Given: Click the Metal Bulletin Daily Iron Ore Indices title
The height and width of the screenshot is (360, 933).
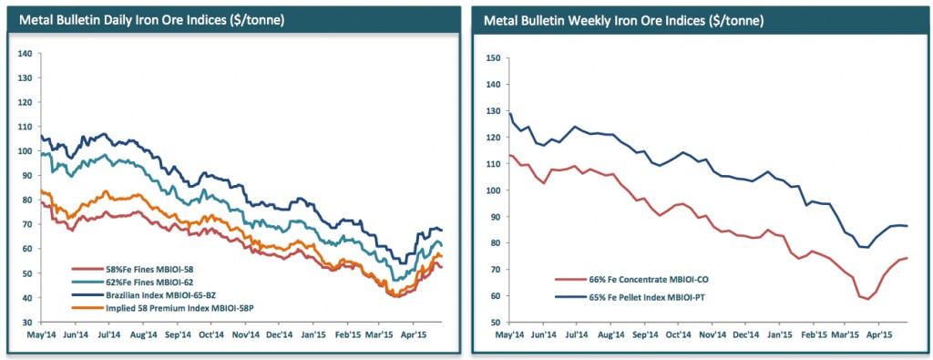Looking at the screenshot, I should point(153,19).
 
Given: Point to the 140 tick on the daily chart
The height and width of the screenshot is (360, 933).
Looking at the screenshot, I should point(25,54).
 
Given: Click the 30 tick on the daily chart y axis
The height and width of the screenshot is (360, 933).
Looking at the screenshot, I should point(27,323).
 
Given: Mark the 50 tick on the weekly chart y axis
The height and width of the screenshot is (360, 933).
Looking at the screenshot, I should point(497,323).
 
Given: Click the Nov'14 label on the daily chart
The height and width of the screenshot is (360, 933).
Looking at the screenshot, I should point(245,334).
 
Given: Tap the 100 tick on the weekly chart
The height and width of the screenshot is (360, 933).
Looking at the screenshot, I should point(494,190).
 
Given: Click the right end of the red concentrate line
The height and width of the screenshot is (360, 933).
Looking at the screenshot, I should point(907,258).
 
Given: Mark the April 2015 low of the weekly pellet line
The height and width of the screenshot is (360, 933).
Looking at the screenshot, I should point(867,247).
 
